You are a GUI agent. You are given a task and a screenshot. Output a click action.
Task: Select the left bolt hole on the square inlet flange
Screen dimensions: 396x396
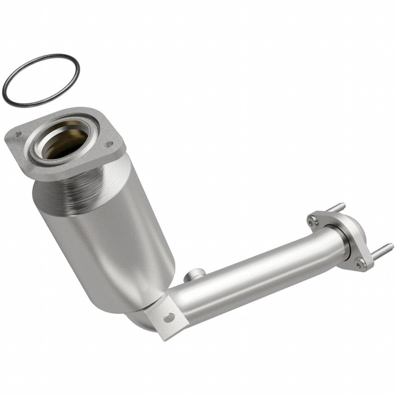coord(17,135)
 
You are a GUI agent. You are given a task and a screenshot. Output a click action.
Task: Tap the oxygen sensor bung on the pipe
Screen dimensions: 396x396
coord(192,276)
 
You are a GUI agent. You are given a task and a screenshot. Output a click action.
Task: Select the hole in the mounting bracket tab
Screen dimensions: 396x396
coord(169,318)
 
